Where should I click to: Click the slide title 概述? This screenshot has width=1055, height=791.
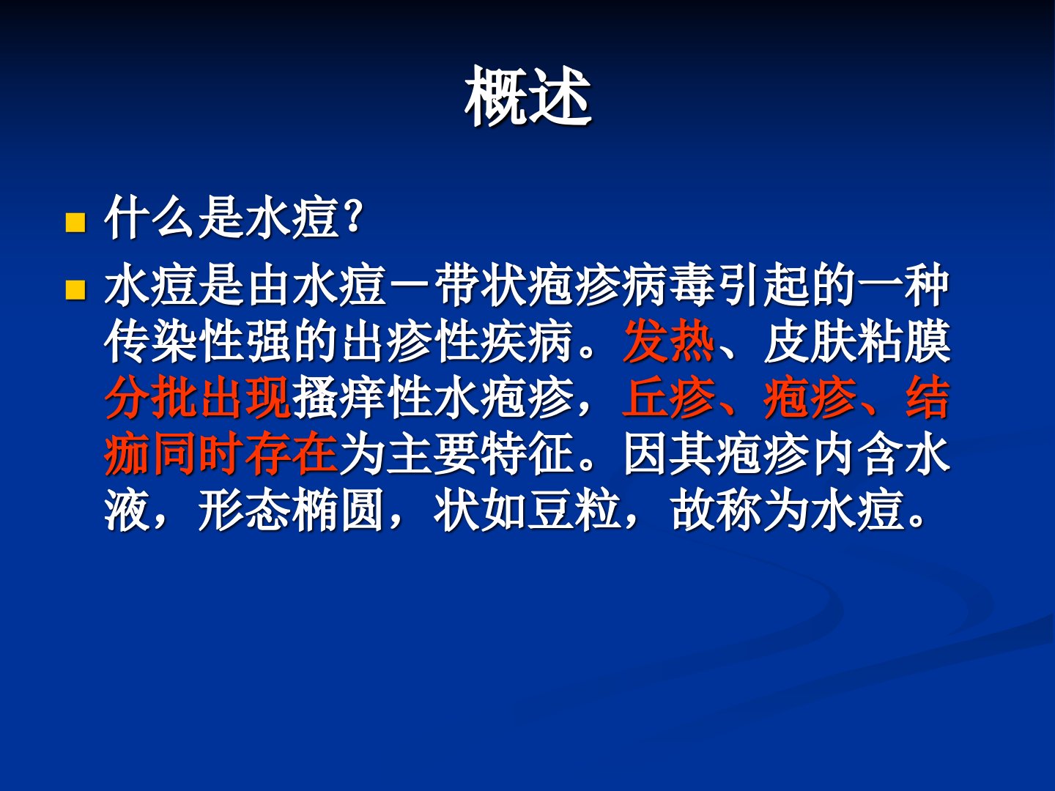(527, 97)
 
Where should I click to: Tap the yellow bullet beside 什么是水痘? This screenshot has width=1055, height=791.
(75, 223)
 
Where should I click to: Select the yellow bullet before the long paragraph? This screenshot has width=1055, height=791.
(75, 290)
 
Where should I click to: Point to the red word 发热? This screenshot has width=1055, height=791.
(669, 341)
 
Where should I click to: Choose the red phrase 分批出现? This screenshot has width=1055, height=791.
(198, 398)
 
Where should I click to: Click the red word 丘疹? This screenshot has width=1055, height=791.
(669, 398)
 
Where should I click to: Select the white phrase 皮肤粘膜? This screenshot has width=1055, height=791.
(857, 341)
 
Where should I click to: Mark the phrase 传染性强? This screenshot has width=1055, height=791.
(198, 341)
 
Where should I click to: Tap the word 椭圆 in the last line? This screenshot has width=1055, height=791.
(338, 510)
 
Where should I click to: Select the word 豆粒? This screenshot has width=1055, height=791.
(574, 510)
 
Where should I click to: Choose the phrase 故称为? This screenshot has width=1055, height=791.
(740, 510)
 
